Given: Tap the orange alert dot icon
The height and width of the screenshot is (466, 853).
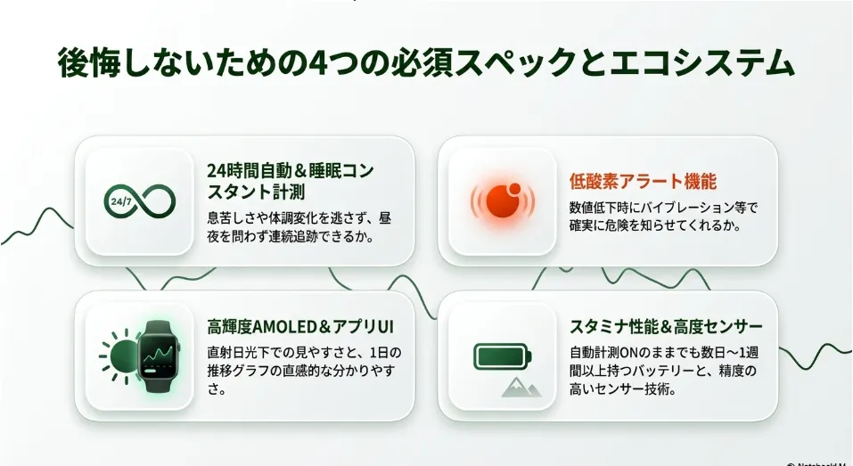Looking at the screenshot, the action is (503, 200).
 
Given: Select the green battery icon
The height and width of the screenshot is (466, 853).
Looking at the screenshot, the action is (503, 356).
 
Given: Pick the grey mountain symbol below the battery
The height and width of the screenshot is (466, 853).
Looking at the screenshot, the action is (521, 388).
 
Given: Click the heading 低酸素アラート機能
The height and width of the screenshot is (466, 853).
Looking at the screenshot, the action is (643, 181).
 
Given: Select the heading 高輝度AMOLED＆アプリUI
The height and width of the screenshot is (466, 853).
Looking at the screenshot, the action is (300, 327).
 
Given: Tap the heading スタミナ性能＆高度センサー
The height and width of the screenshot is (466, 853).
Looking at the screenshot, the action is (666, 327).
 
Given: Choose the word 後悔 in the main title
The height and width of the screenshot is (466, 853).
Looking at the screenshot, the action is (87, 63).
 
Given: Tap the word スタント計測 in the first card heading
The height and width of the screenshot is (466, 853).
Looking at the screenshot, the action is (256, 192).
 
